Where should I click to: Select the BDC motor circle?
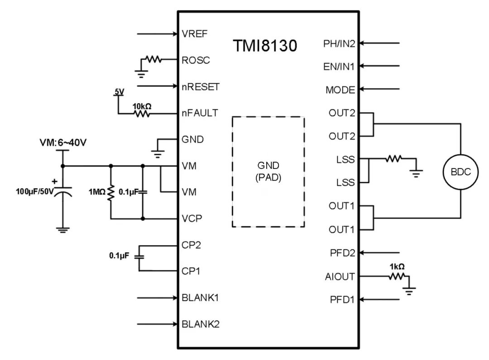click(x=460, y=172)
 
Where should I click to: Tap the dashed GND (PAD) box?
click(x=268, y=172)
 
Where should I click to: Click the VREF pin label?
click(x=195, y=34)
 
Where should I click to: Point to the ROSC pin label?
click(x=196, y=60)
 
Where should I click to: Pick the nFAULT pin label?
click(x=200, y=113)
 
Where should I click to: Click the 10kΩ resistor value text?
click(x=142, y=106)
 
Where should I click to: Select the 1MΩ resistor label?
click(x=97, y=192)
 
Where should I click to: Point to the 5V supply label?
click(x=119, y=92)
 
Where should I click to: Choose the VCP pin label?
click(x=192, y=218)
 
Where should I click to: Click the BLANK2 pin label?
click(x=200, y=324)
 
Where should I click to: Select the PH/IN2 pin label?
click(x=339, y=43)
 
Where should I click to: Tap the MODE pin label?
click(x=340, y=90)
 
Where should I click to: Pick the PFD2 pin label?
click(x=342, y=253)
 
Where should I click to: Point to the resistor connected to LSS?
click(x=393, y=159)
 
